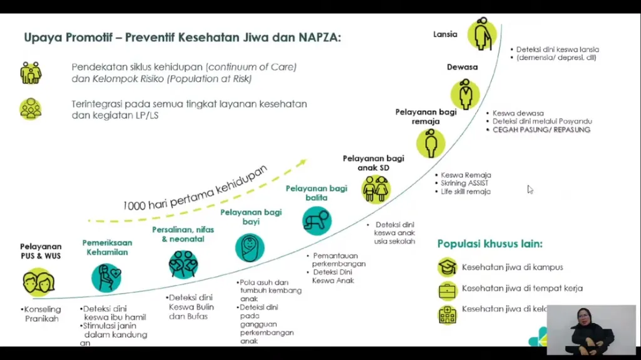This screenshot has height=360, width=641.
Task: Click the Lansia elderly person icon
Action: tap(482, 35)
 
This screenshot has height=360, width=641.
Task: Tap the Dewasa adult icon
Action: tap(465, 94)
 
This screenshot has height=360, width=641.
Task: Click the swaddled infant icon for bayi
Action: tap(250, 247)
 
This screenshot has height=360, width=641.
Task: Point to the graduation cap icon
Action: tap(447, 267)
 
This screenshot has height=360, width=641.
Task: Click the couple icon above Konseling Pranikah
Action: tap(39, 282)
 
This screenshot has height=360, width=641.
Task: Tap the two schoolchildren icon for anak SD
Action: tap(376, 188)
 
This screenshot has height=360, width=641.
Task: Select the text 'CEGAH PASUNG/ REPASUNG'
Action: tap(541, 130)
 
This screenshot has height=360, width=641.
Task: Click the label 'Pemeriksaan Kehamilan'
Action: tap(106, 247)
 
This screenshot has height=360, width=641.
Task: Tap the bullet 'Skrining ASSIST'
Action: tap(464, 183)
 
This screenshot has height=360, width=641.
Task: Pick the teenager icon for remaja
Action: tap(431, 143)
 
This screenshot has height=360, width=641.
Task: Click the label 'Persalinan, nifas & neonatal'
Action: tap(183, 234)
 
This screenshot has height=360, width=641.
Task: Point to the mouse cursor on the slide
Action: tap(530, 188)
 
